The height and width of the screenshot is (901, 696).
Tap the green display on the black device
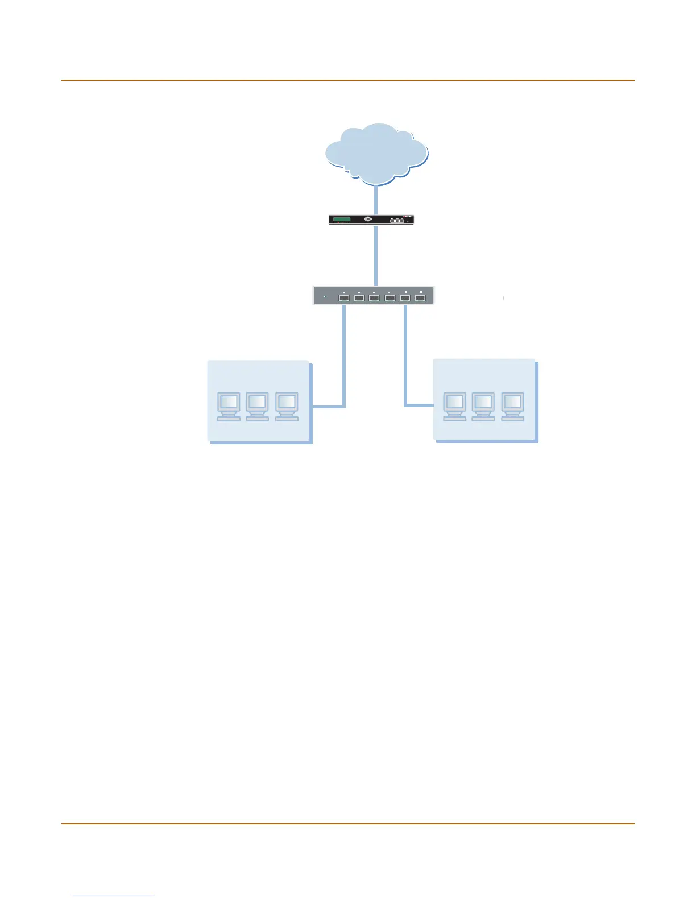[x=342, y=219]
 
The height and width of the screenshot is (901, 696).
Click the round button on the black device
[x=368, y=219]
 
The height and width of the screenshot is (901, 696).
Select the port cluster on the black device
[x=397, y=220]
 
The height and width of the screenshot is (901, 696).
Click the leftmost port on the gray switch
[x=344, y=297]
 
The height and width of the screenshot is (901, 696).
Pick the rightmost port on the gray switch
[x=420, y=297]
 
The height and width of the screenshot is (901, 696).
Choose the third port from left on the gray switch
[x=374, y=297]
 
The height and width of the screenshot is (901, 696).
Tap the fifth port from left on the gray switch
[x=405, y=297]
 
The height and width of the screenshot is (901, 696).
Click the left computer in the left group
[x=229, y=406]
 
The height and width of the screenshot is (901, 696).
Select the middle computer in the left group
[x=257, y=406]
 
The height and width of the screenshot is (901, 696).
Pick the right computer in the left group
[x=287, y=406]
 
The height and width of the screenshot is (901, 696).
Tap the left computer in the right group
[x=454, y=406]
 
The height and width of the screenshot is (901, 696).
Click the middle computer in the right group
[x=483, y=406]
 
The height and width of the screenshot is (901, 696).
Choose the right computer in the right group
[x=512, y=406]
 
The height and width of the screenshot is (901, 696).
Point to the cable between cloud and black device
[x=376, y=200]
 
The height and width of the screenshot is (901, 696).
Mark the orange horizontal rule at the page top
[x=347, y=80]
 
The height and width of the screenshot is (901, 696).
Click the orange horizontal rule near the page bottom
[x=347, y=823]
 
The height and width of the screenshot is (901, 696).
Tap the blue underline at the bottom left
[x=113, y=896]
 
